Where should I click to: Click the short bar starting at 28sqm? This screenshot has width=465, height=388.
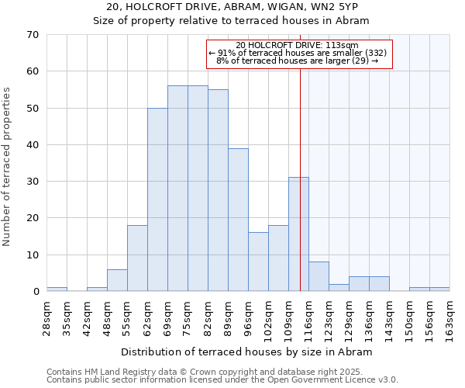pos(57,289)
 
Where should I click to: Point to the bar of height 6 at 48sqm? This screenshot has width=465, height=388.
pos(117,280)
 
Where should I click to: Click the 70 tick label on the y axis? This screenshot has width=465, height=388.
pos(33,35)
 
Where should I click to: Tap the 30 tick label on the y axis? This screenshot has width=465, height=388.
pos(33,182)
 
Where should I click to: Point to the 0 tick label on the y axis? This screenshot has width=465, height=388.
pos(36,292)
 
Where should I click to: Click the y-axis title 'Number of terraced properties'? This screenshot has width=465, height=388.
pos(8,167)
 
